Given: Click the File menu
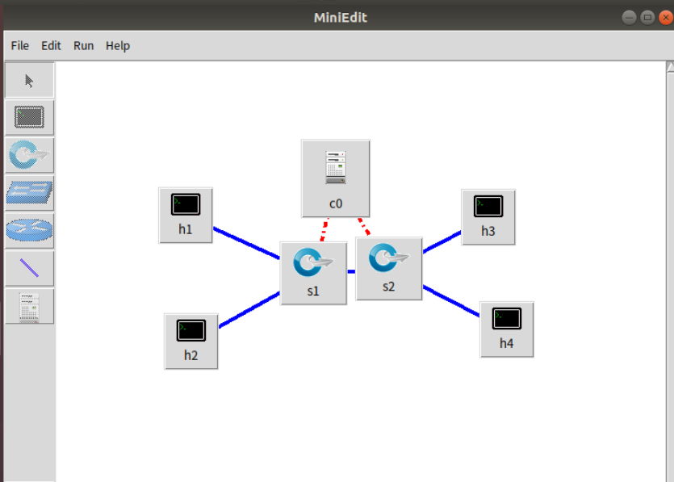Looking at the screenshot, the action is (19, 46).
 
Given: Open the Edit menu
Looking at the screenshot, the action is (51, 46).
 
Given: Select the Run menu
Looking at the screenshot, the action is (83, 46).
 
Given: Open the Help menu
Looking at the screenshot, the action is (117, 46).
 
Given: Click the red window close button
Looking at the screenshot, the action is (665, 17).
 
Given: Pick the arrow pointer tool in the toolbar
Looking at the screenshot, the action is (30, 80).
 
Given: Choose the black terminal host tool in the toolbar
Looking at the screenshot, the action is (30, 118).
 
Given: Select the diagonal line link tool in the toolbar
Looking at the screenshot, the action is (30, 268).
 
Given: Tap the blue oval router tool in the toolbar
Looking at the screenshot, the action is (30, 230).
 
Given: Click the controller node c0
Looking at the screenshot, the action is (335, 178).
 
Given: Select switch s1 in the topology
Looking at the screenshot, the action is (313, 272).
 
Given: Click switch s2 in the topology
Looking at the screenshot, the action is (389, 268).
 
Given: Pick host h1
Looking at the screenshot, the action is (186, 214).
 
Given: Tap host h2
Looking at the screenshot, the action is (191, 340).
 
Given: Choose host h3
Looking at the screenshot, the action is (488, 216).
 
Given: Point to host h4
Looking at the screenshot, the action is (506, 329).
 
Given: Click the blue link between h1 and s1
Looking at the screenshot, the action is (246, 243).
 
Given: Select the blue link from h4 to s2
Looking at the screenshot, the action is (451, 300).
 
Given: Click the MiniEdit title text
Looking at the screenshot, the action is (340, 17).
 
